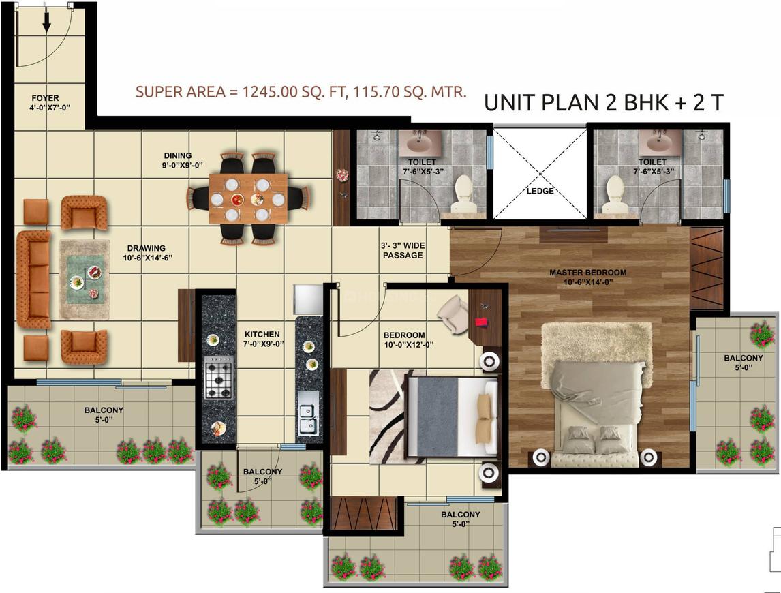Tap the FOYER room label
point(46,98)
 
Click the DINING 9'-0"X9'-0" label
point(182,160)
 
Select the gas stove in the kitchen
point(219,377)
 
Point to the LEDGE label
point(540,191)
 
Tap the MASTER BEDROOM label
point(587,273)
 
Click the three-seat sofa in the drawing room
point(34,279)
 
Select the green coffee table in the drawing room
point(85,279)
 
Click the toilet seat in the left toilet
point(463,193)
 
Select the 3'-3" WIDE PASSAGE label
point(403,251)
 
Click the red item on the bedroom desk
point(481,322)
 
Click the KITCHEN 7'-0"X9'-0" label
point(262,339)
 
